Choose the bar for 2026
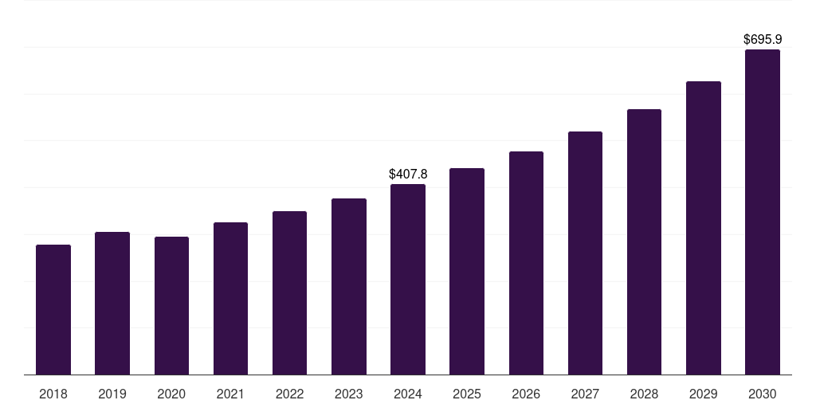pos(526,263)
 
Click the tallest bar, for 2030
pos(762,212)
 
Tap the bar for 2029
pos(703,228)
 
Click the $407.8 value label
pos(408,174)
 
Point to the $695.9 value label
pos(762,39)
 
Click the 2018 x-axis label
pos(53,394)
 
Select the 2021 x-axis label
pos(230,394)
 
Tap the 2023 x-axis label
pos(348,394)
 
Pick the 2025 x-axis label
pos(467,394)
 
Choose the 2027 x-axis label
pos(585,394)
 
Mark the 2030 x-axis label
pos(762,394)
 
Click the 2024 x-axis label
pos(408,394)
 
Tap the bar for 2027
pos(585,253)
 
